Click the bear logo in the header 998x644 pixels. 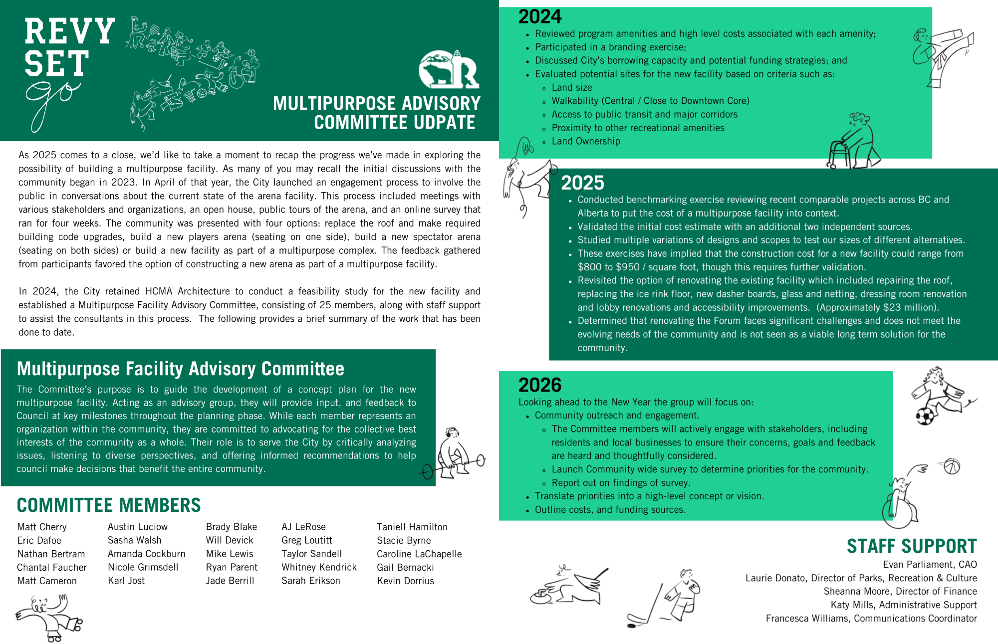[448, 69]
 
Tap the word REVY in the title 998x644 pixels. [69, 31]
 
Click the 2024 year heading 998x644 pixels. [540, 17]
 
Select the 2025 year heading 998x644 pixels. [582, 183]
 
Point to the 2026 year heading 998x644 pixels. [540, 385]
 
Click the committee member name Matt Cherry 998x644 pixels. [42, 527]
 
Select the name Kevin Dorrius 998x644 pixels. [405, 581]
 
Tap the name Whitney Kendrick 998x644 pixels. [319, 568]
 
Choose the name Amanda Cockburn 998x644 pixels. [146, 554]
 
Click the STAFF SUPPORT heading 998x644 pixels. [912, 547]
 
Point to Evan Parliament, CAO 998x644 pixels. [930, 565]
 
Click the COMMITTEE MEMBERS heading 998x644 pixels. [109, 505]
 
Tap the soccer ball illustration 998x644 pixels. [925, 416]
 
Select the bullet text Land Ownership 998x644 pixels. [586, 142]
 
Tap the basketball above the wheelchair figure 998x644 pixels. [952, 467]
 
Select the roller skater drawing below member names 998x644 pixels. [50, 618]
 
